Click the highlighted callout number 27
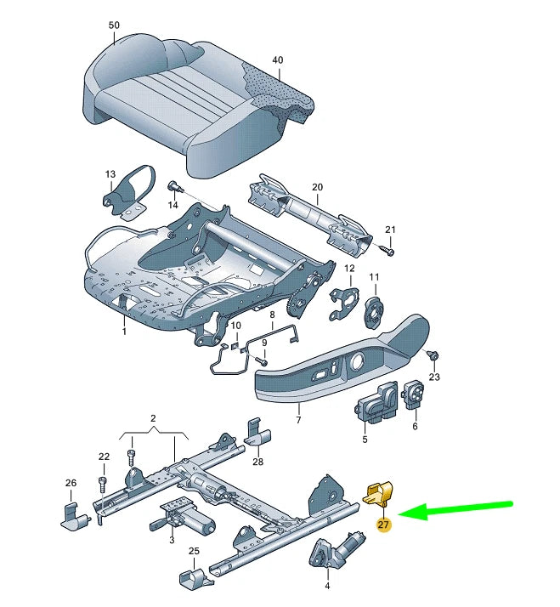(383, 525)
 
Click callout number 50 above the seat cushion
(114, 26)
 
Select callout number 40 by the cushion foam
(276, 60)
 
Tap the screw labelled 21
(387, 251)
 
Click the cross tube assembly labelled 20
(311, 215)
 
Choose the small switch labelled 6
(416, 393)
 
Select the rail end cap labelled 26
(73, 513)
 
